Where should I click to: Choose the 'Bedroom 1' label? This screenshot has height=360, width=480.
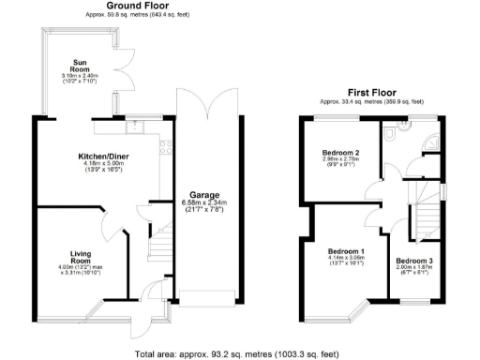pyautogui.click(x=346, y=252)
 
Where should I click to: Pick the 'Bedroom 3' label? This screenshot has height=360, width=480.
pyautogui.click(x=413, y=260)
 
